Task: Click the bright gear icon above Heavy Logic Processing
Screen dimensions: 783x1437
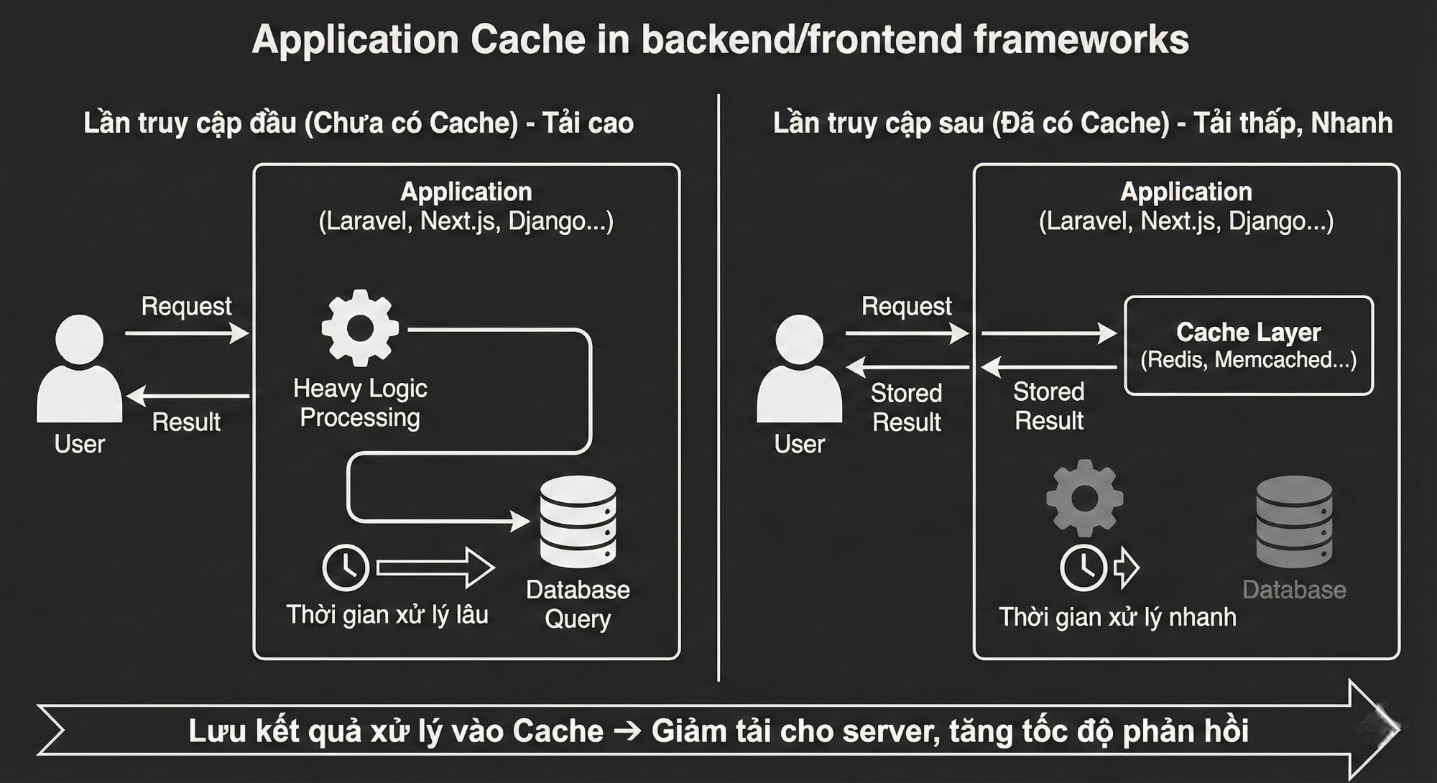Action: pos(360,328)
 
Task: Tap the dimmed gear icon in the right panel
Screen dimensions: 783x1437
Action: pos(1084,498)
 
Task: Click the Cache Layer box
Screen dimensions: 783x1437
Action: pos(1248,346)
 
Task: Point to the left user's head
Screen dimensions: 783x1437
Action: pos(79,339)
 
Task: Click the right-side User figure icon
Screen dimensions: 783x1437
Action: pos(799,370)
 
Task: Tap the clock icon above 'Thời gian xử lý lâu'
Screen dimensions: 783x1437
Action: pos(346,567)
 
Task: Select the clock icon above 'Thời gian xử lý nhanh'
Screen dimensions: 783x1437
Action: pos(1083,567)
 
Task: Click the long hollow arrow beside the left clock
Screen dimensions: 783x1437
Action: pos(435,567)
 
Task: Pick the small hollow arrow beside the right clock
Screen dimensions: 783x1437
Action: pos(1126,567)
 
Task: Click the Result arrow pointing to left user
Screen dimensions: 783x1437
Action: pos(188,396)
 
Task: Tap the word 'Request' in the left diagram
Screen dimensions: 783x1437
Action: pos(186,306)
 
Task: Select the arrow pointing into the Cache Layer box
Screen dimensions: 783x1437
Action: pos(1048,333)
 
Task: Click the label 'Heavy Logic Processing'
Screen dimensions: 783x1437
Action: pos(360,403)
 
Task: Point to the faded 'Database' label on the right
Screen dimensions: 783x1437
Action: pos(1294,590)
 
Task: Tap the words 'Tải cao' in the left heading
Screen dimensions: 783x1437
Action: pos(588,123)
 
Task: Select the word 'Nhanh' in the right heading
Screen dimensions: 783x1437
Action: pos(1351,123)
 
